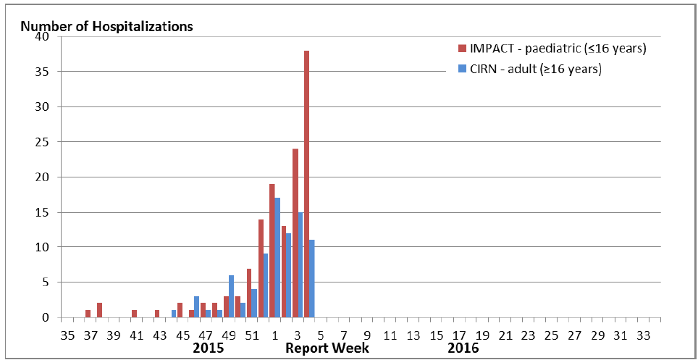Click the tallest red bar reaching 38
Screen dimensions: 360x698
307,184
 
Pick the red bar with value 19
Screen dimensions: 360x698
272,251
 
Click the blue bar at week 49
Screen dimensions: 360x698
231,296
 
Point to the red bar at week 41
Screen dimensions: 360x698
134,314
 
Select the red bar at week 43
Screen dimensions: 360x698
157,314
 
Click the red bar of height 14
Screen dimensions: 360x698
261,268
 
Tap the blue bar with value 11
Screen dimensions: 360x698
312,279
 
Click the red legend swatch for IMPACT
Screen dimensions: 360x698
461,49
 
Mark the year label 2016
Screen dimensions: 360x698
463,348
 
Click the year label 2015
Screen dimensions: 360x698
208,348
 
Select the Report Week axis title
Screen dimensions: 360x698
327,348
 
